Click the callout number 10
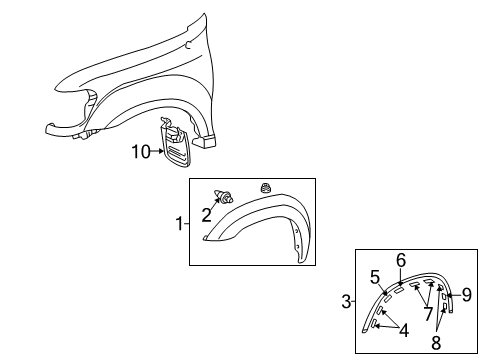[140, 153]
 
